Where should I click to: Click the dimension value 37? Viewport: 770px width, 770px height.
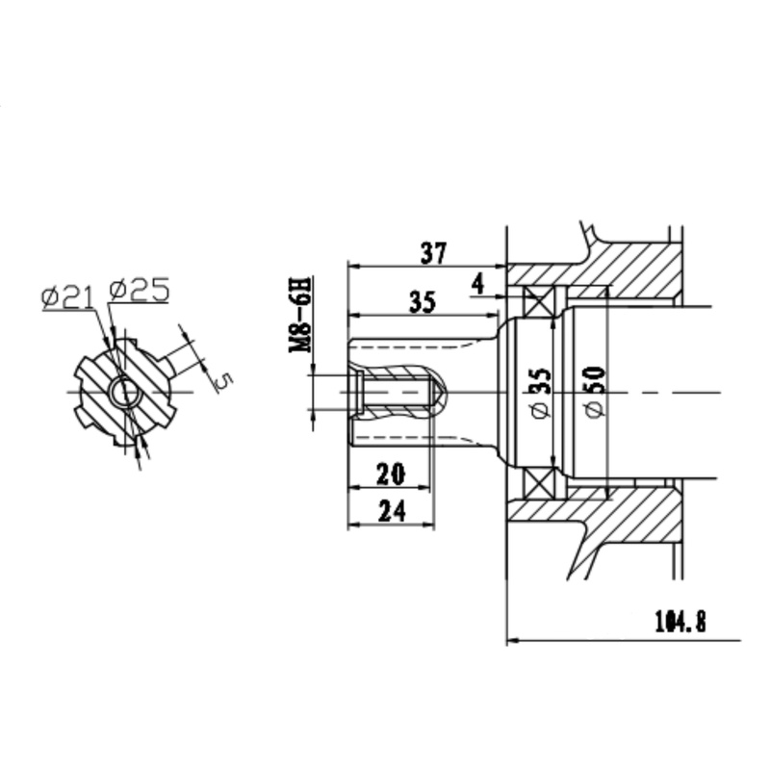click(x=434, y=253)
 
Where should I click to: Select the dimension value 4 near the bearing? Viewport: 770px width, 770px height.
click(x=477, y=284)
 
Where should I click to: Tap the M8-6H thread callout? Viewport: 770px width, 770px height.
click(x=300, y=315)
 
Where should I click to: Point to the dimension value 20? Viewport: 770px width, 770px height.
click(x=392, y=474)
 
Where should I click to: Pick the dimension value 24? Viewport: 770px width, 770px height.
click(x=393, y=511)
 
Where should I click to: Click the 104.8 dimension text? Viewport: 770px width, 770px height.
click(x=680, y=621)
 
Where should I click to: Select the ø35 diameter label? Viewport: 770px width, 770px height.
click(x=541, y=393)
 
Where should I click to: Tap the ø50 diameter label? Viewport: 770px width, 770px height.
click(x=595, y=392)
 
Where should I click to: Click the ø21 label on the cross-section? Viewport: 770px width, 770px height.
click(x=67, y=297)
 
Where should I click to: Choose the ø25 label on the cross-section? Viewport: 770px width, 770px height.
click(x=140, y=290)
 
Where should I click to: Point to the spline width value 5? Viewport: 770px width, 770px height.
click(x=224, y=381)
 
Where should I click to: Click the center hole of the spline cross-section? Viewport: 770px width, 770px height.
click(x=125, y=393)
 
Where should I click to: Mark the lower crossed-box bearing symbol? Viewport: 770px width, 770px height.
click(x=539, y=483)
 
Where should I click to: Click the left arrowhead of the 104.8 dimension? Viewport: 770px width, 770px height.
click(x=513, y=640)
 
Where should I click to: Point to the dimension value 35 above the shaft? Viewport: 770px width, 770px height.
click(x=422, y=302)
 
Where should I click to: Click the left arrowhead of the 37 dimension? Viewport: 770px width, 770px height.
click(x=354, y=267)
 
